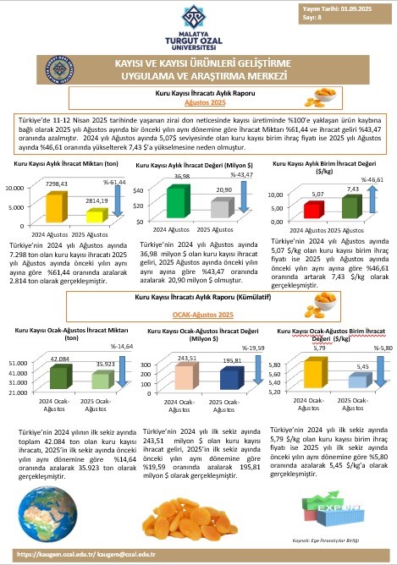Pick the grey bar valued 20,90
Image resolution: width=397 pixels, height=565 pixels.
221,209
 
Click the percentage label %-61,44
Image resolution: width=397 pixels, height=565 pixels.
114,183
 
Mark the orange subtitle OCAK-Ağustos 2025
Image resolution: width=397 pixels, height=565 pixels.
197,313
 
